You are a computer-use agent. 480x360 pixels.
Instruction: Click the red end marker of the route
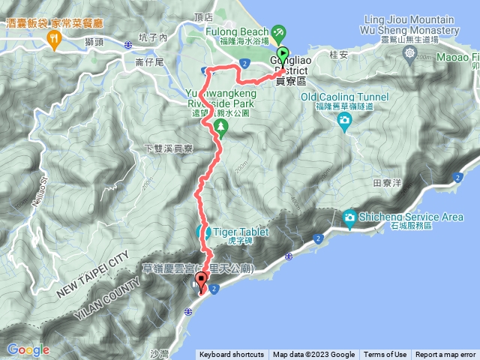click(200, 282)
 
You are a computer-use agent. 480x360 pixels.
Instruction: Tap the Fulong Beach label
click(238, 32)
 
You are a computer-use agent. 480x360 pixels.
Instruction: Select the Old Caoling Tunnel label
click(344, 97)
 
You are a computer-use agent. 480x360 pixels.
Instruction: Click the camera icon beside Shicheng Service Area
click(349, 217)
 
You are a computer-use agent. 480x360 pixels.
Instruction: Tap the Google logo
click(28, 349)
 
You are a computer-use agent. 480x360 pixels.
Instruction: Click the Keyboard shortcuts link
click(232, 355)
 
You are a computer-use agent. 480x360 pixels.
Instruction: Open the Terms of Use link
click(385, 355)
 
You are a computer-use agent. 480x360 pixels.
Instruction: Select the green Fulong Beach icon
click(278, 32)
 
